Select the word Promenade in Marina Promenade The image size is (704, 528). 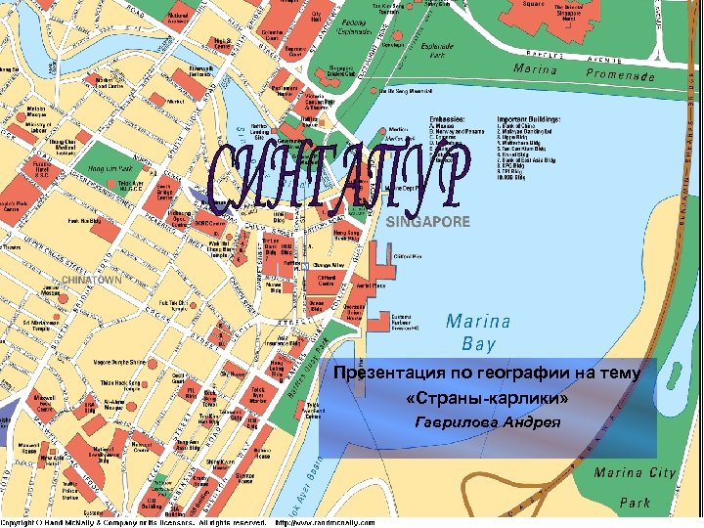click(634, 75)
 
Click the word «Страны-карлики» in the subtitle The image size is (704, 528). click(486, 400)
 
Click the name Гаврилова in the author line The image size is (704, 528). click(456, 422)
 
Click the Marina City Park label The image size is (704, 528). click(636, 487)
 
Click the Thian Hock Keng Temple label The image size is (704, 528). click(96, 383)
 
